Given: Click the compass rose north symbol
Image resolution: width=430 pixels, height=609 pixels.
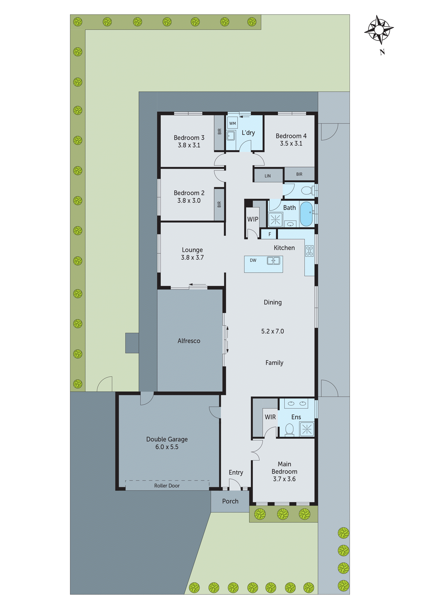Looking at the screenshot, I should (x=379, y=30).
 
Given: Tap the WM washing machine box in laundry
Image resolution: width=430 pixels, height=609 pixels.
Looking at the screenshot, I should (x=232, y=123).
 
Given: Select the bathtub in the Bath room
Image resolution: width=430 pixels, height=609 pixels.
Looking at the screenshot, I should (x=307, y=214).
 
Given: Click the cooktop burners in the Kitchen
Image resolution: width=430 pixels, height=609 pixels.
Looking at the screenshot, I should (x=309, y=251).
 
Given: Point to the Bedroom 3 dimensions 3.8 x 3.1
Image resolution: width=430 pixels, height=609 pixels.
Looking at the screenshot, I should (x=189, y=145).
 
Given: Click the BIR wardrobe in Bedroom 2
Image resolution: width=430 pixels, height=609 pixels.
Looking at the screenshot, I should (x=219, y=204).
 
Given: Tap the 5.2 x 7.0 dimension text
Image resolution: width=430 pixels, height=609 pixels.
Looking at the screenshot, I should (x=272, y=331).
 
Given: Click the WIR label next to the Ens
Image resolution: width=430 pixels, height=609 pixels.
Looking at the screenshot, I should (x=270, y=417).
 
